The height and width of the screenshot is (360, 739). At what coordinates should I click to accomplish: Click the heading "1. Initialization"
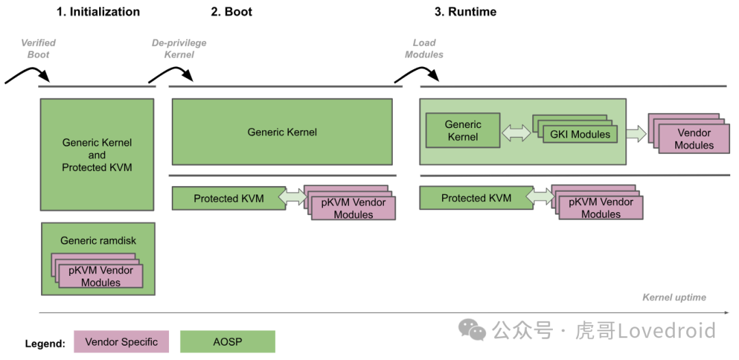98,12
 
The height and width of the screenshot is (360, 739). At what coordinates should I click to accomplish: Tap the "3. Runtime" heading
465,12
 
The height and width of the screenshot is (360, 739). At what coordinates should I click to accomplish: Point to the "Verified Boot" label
38,48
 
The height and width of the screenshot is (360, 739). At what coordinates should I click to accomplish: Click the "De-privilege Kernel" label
179,48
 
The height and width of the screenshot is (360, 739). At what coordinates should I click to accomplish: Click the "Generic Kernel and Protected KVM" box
97,155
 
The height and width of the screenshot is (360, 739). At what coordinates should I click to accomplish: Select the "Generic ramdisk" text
98,240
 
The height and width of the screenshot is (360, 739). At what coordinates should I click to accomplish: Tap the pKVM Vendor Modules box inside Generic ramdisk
101,276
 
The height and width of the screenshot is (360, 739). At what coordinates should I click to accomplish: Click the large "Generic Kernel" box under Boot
282,132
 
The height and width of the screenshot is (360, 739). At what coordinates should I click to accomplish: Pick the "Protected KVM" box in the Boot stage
229,198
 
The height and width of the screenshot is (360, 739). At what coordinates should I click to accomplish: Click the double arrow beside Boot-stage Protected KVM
292,197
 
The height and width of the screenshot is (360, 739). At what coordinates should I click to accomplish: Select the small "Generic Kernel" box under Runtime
463,131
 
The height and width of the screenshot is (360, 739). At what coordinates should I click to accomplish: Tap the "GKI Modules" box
580,134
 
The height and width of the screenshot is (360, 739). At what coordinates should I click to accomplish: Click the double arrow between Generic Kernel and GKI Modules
517,134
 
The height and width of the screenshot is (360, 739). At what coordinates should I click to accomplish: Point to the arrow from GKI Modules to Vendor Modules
636,134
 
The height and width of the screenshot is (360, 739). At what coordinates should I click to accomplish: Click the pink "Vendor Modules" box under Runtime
694,139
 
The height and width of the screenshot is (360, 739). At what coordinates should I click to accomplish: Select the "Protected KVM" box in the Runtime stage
476,198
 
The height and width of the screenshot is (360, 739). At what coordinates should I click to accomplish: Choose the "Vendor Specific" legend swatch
121,342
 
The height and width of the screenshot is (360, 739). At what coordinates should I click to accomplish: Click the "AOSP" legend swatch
227,342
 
